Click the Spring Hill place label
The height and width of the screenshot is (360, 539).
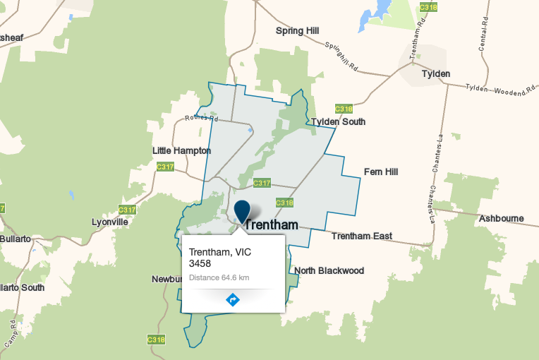pyautogui.click(x=297, y=31)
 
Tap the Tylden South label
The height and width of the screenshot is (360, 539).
pyautogui.click(x=339, y=121)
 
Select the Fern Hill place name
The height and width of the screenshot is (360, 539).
pyautogui.click(x=382, y=172)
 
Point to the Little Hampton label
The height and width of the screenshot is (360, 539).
pyautogui.click(x=181, y=150)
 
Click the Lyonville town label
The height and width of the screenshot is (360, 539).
pyautogui.click(x=110, y=222)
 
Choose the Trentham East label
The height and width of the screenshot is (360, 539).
pyautogui.click(x=361, y=236)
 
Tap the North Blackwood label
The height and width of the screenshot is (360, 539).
pyautogui.click(x=329, y=271)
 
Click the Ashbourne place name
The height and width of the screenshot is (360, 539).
pyautogui.click(x=501, y=219)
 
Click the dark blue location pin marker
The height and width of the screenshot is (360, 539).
pyautogui.click(x=243, y=211)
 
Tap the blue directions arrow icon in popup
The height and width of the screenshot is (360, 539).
pyautogui.click(x=233, y=300)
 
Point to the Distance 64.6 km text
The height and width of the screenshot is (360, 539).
pyautogui.click(x=219, y=277)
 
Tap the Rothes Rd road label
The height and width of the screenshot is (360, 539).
pyautogui.click(x=198, y=118)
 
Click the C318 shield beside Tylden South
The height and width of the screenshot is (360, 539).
pyautogui.click(x=344, y=109)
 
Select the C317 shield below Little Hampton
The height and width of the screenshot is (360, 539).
pyautogui.click(x=165, y=167)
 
